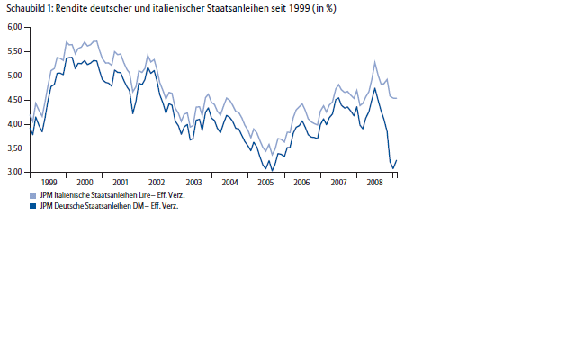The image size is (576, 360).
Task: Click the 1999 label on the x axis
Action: [49, 182]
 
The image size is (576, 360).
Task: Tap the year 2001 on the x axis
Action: [120, 182]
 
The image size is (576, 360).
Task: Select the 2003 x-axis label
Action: [193, 182]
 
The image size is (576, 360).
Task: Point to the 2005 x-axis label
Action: [265, 182]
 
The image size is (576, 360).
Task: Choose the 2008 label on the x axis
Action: [375, 182]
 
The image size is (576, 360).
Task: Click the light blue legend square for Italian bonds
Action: [33, 193]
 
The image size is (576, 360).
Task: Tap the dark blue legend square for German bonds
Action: [33, 204]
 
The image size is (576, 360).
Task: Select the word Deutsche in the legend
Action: [71, 204]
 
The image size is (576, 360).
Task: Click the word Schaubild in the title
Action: [25, 8]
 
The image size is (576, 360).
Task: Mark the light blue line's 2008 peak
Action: [374, 61]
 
